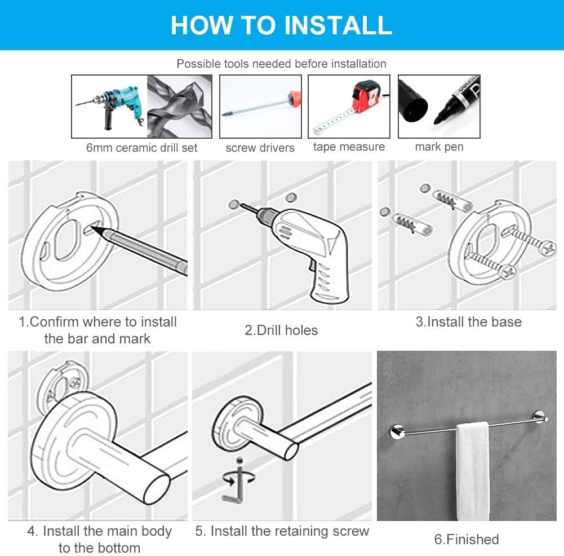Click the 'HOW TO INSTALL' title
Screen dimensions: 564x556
point(281,25)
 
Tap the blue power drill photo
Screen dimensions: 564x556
point(110,106)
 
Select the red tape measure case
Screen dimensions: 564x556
point(366,96)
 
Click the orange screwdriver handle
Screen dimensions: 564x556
point(294,99)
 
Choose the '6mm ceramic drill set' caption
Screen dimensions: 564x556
point(142,148)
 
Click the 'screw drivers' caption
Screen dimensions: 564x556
point(260,148)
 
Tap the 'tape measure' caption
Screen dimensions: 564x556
point(349,147)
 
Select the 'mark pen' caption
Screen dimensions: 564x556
point(439,147)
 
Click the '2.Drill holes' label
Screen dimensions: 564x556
point(281,330)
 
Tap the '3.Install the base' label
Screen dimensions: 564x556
point(469,322)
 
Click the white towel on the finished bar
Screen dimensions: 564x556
point(472,471)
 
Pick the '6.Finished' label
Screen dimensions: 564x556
point(467,539)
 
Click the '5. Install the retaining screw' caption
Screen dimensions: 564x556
point(282,531)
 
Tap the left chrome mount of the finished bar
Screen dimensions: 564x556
point(397,431)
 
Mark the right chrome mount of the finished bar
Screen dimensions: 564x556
point(540,417)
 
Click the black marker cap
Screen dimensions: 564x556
point(413,101)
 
